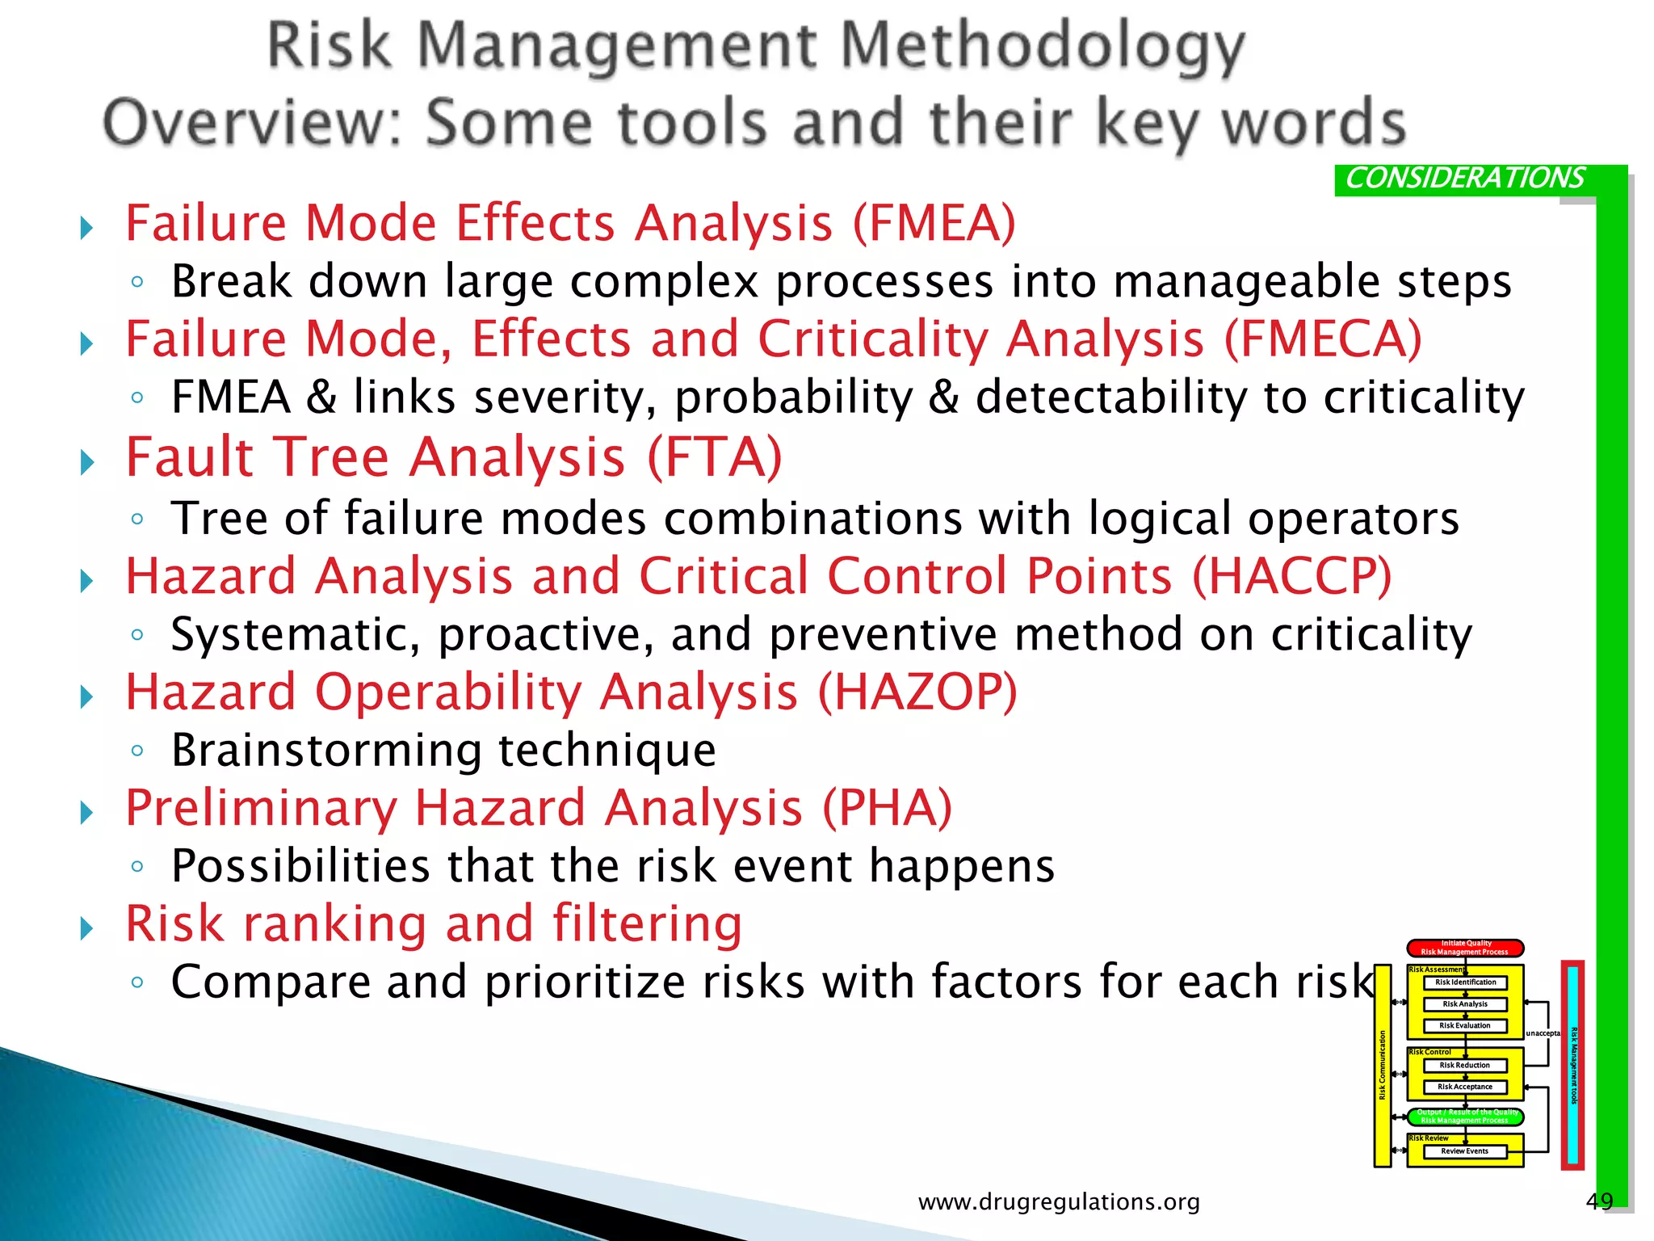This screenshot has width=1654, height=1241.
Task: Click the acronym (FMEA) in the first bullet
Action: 934,224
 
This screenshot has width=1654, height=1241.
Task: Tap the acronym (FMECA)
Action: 1322,339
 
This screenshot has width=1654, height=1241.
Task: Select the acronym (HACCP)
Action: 1291,577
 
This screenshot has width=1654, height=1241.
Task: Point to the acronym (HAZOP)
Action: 917,693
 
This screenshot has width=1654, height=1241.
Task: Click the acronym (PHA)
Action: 887,809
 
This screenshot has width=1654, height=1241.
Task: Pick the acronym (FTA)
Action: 714,458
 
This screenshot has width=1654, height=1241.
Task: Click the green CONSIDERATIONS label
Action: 1463,179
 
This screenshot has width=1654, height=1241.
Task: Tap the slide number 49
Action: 1599,1201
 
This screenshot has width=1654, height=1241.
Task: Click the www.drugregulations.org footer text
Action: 1059,1202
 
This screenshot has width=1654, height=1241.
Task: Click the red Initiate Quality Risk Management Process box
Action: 1465,948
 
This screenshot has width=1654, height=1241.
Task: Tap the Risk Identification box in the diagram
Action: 1465,982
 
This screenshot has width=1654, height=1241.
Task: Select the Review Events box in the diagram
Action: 1464,1151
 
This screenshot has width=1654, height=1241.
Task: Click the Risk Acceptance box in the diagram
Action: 1464,1087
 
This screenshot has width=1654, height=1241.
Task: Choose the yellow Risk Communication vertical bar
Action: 1383,1066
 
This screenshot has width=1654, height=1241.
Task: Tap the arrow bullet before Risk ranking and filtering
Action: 87,928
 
